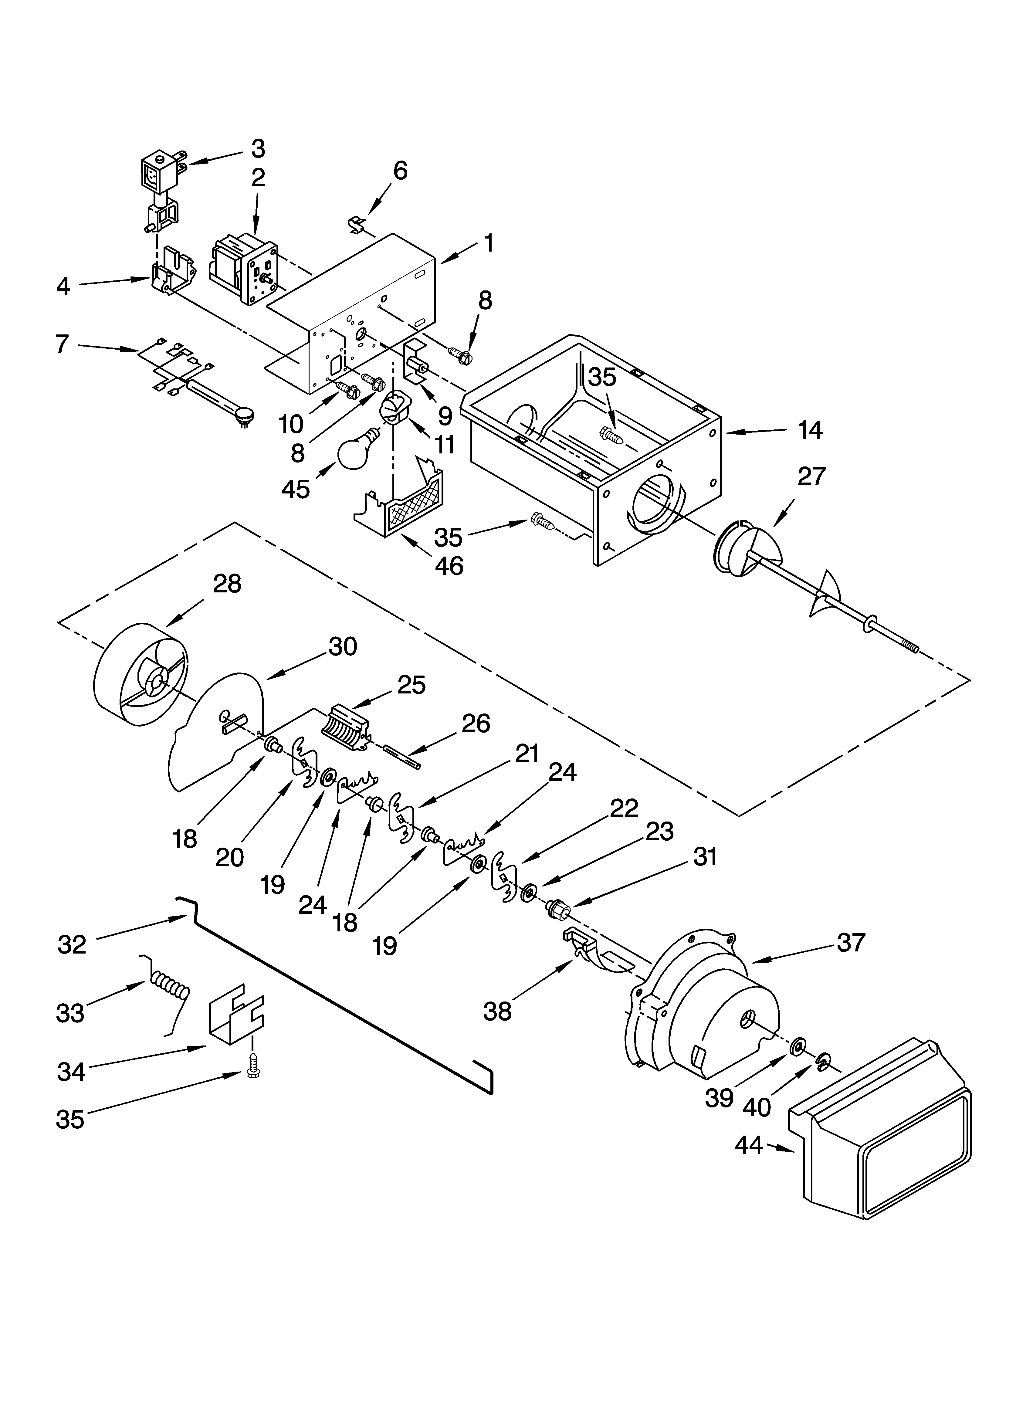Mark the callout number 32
[x=72, y=945]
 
